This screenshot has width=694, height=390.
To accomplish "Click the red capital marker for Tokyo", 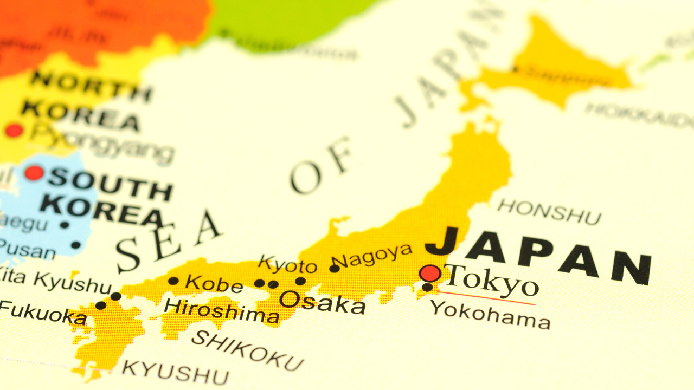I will click(430, 274).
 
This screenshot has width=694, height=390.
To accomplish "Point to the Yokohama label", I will click(490, 315).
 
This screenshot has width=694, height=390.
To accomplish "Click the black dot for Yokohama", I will click(427, 287).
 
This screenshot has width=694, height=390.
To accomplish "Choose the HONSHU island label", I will click(549, 212).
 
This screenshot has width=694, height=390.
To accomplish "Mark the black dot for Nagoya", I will click(335, 268).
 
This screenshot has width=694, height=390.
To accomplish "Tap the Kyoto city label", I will click(287, 264).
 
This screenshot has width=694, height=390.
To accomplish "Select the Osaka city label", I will click(322, 302).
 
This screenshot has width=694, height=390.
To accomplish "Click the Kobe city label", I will click(214, 283).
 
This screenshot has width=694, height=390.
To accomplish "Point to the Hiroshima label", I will click(221, 310).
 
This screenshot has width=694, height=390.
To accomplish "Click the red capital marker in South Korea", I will click(34, 173).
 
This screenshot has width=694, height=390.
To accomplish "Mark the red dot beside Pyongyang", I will click(14, 130).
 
